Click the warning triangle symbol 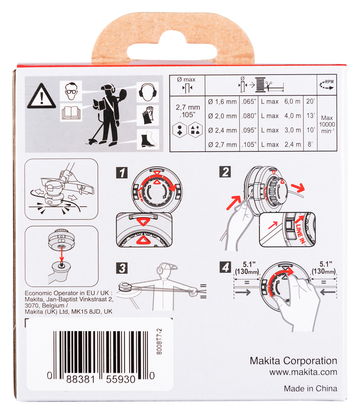pos(41,96)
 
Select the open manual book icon pos(70,113)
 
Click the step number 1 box pos(121,172)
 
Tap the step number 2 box pos(225,171)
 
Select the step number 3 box pos(121,268)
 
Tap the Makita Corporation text pos(293,361)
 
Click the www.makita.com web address pos(303,372)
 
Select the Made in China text pos(310,388)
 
